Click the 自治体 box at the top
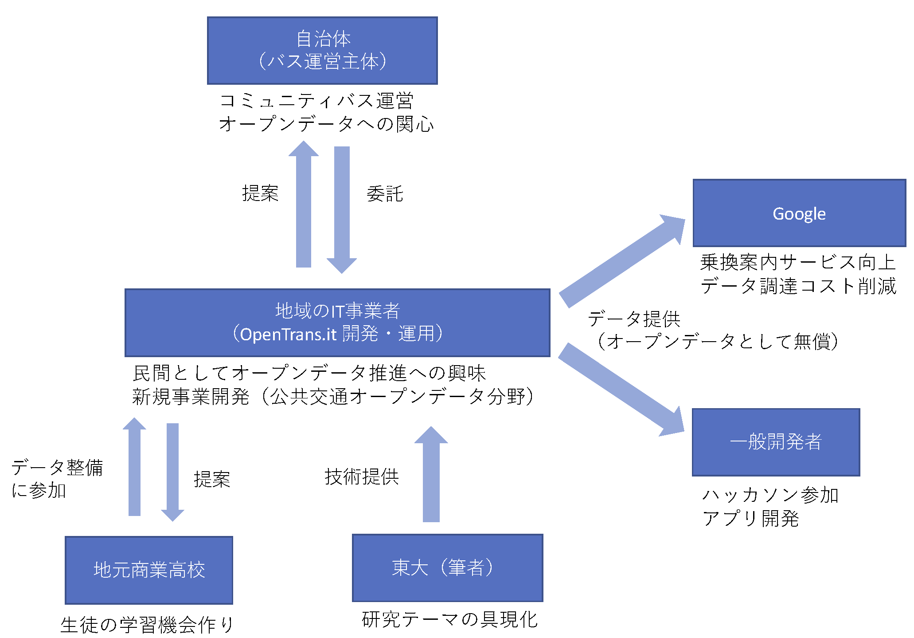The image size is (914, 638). (x=322, y=51)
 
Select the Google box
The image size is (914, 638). (x=799, y=213)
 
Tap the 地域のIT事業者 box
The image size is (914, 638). (x=337, y=323)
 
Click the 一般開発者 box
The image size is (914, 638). (x=776, y=442)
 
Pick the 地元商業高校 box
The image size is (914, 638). (x=149, y=570)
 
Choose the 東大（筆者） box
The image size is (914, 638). (x=447, y=568)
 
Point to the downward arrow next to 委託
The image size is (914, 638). (x=342, y=209)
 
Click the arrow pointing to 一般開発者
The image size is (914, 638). (x=621, y=388)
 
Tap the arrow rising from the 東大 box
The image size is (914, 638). (x=431, y=475)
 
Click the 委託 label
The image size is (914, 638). (x=385, y=194)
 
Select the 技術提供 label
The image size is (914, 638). (x=362, y=477)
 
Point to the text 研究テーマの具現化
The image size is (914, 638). (x=449, y=619)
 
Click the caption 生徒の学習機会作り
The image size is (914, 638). (x=147, y=625)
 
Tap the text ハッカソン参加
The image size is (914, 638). (x=770, y=495)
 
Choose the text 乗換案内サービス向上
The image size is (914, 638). (x=798, y=262)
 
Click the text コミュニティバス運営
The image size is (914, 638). (x=316, y=101)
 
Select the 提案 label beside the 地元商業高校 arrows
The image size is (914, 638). (x=212, y=479)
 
